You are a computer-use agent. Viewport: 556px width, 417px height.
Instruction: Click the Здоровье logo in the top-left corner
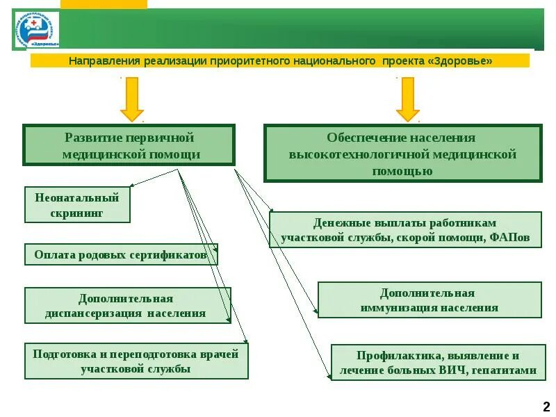tap(37, 30)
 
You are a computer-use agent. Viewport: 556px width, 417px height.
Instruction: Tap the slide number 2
tap(546, 407)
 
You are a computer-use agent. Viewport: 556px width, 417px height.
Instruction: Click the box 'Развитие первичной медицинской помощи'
tap(129, 145)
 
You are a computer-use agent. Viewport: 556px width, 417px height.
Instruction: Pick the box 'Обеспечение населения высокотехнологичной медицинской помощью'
tap(402, 154)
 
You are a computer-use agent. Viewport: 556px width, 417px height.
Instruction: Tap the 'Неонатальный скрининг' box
tap(77, 205)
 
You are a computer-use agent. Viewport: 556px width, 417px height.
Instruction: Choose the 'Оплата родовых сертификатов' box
tap(121, 255)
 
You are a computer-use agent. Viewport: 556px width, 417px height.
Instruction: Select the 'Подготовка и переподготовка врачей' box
tap(136, 361)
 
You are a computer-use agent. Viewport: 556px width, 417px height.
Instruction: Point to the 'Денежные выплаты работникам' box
tap(405, 230)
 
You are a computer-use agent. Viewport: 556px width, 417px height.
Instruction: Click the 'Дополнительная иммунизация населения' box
tap(429, 300)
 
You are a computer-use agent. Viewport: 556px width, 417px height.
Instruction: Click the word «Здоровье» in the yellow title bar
tap(462, 61)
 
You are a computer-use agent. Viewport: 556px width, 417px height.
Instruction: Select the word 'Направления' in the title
tap(105, 61)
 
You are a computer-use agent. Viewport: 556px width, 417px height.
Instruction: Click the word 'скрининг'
tap(77, 213)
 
